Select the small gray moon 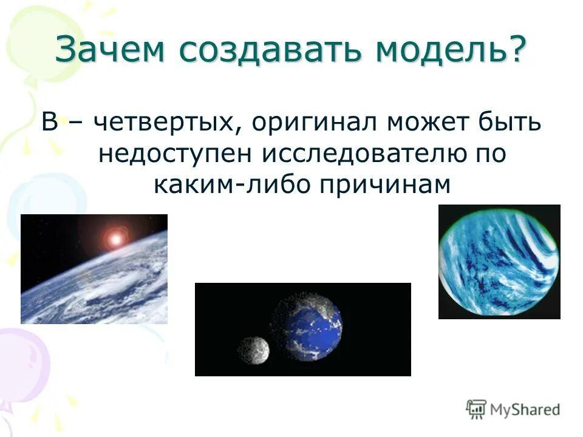(x=253, y=350)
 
